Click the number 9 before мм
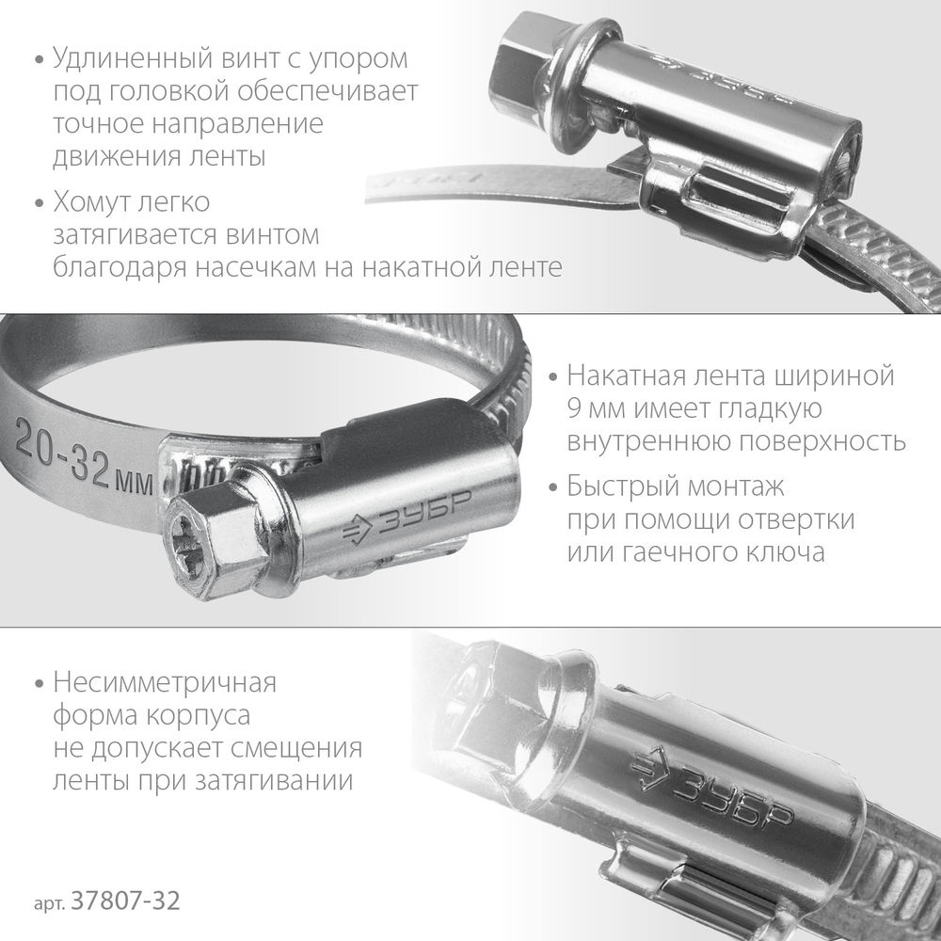(x=575, y=409)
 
